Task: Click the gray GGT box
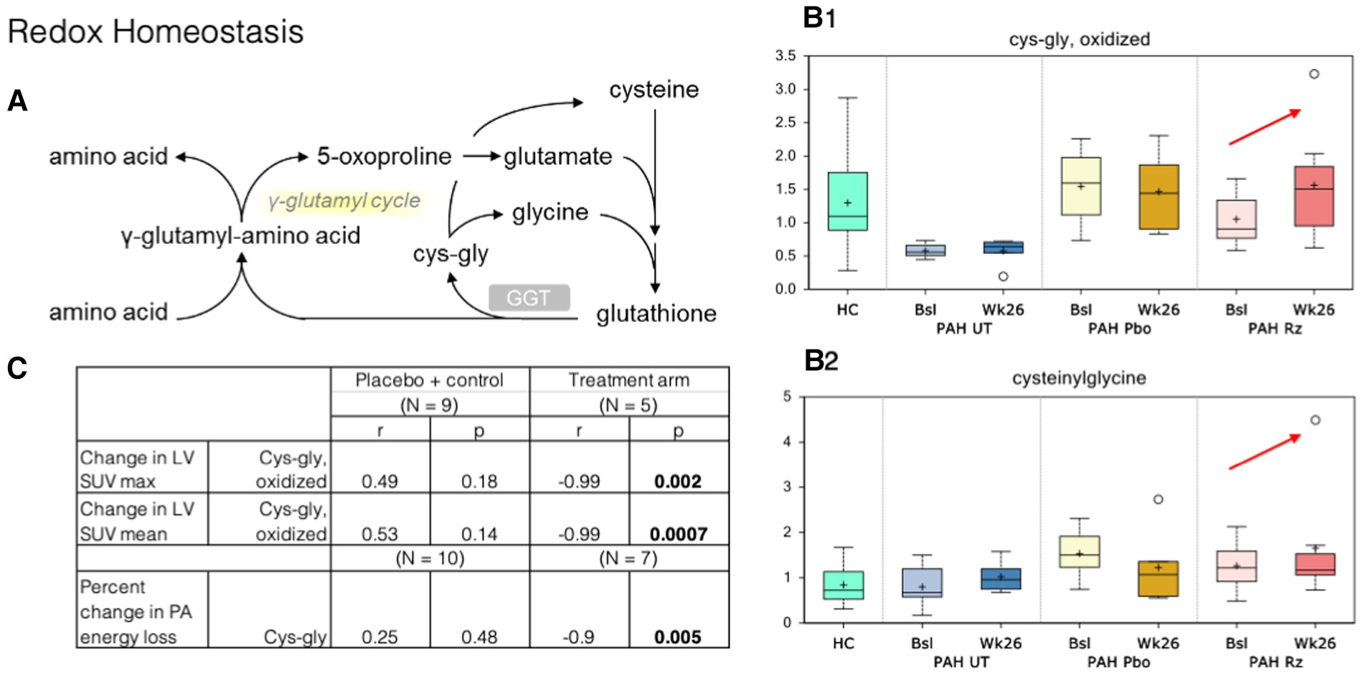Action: tap(529, 298)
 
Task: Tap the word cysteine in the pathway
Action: tap(654, 90)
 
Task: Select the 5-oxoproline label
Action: tap(385, 156)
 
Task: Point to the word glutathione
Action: tap(656, 314)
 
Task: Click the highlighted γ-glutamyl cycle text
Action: tap(344, 201)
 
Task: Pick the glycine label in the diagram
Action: tap(550, 212)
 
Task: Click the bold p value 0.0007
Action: tap(678, 534)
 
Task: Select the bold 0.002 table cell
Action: tap(678, 482)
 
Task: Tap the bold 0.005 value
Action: tap(678, 637)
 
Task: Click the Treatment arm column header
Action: tap(628, 380)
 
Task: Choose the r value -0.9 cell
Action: tap(578, 637)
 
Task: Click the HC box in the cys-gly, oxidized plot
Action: tap(847, 201)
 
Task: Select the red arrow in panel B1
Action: tap(1264, 127)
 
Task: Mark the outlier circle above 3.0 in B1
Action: tap(1314, 74)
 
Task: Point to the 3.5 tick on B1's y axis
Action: tap(786, 56)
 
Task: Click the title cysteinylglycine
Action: tap(1079, 378)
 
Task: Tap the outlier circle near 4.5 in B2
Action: tap(1315, 421)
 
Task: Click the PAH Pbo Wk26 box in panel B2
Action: tap(1158, 578)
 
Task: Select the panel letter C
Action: tap(17, 369)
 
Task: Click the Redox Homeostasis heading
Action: tap(156, 32)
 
